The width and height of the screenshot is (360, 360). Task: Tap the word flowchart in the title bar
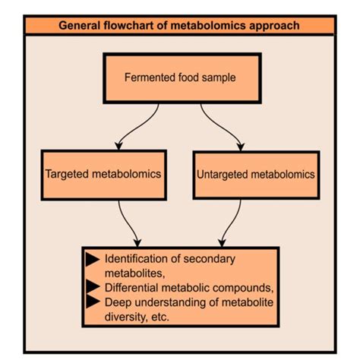(131, 26)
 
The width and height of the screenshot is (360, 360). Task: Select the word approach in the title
(274, 26)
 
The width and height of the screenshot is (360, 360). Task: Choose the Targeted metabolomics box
(103, 175)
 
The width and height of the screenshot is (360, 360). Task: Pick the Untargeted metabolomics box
(255, 175)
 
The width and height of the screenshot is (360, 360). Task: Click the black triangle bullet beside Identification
(93, 260)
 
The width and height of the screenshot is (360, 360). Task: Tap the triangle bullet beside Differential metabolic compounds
(93, 286)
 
